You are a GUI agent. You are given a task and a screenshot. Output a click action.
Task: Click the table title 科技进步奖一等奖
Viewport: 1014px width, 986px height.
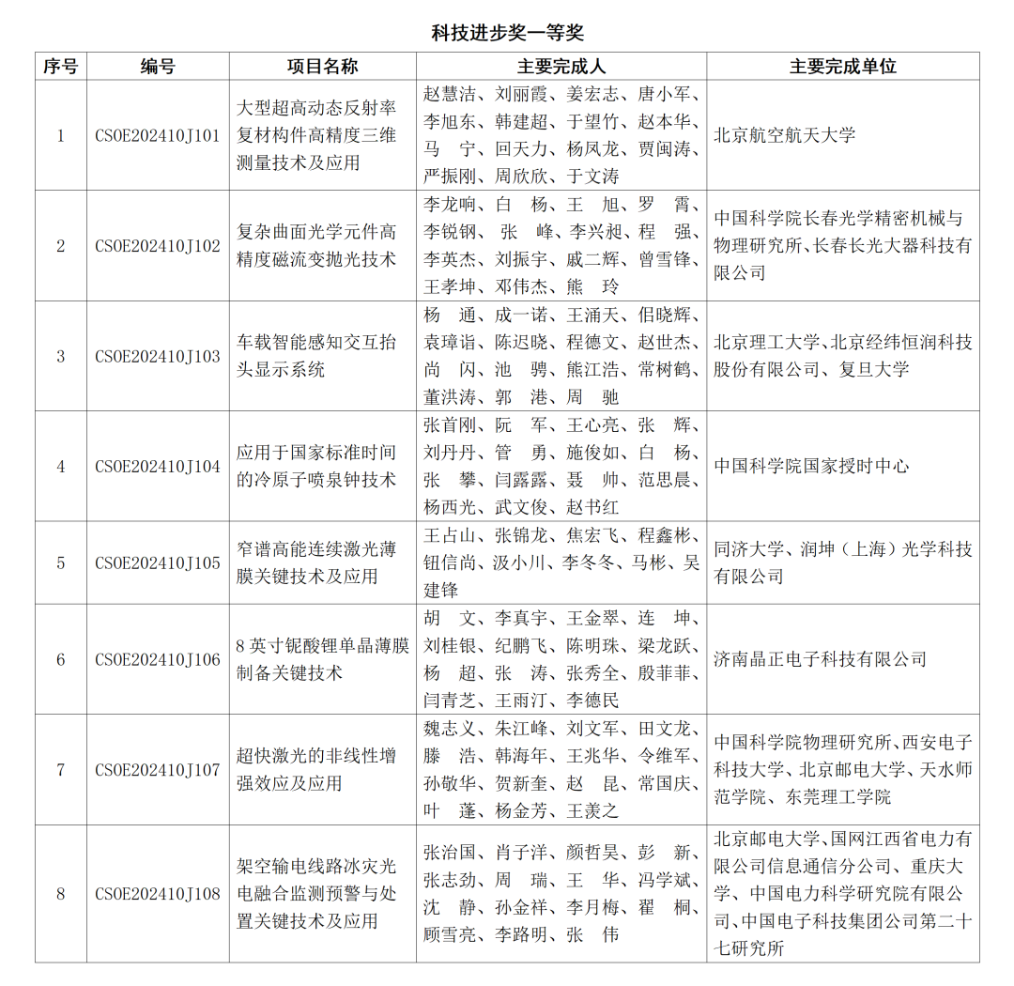(x=507, y=33)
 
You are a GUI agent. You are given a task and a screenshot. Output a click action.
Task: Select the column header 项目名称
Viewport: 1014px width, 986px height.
(x=322, y=67)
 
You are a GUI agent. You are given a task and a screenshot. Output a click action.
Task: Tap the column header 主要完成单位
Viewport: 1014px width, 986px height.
(x=842, y=67)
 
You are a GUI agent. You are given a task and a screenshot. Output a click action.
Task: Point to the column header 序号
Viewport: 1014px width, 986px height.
(x=61, y=67)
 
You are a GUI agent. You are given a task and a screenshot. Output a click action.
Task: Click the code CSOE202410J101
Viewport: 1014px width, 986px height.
(x=158, y=135)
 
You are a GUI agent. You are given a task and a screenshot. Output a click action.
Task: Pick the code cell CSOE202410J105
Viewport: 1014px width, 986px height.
(x=158, y=562)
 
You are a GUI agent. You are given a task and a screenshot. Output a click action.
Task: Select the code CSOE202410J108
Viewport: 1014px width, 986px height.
(x=158, y=894)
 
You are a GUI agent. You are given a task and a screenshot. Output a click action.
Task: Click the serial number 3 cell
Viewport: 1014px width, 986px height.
(x=61, y=356)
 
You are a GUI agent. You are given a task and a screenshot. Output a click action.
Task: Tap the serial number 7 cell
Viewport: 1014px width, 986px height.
(x=61, y=770)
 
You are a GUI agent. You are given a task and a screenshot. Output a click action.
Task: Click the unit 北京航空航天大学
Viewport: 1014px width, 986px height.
(x=785, y=135)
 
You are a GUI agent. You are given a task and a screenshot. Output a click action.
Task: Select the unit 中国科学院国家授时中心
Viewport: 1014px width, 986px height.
(x=811, y=466)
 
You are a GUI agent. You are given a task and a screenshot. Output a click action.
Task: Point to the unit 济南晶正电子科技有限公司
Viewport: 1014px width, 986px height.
(x=820, y=659)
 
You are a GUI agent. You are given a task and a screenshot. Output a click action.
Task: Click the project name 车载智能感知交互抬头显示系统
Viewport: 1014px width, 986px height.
(x=321, y=356)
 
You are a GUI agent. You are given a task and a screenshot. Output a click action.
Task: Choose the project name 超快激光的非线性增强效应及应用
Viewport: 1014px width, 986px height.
(x=321, y=770)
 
